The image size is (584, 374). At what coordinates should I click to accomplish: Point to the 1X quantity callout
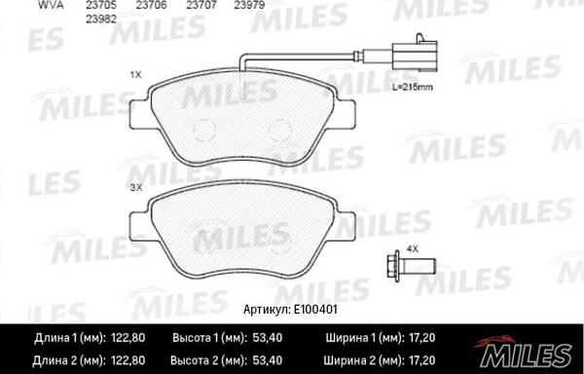coord(136,73)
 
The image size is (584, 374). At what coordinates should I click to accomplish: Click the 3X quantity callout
coord(136,185)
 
